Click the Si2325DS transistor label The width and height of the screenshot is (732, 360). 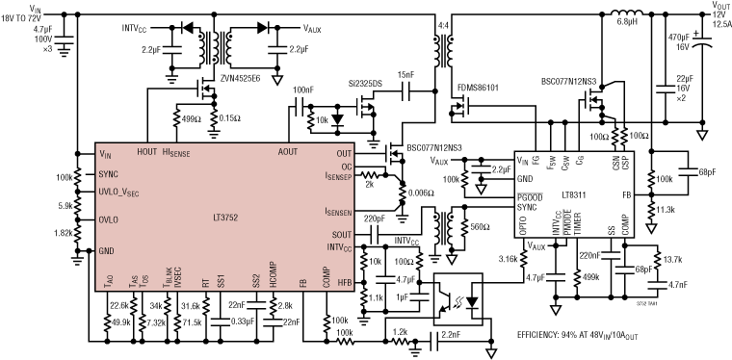[x=367, y=84]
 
